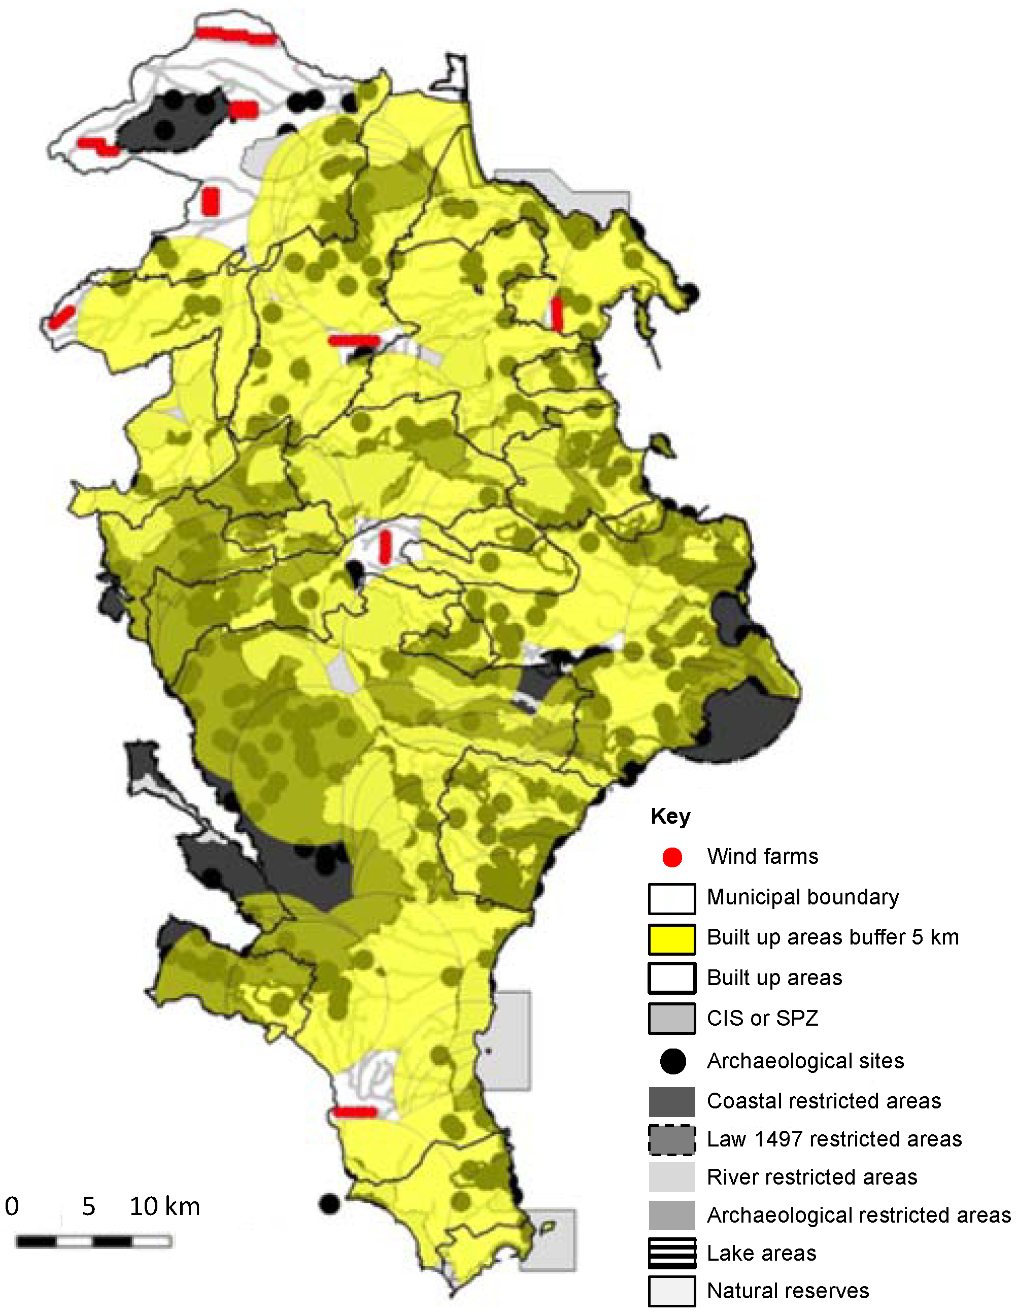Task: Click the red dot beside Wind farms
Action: [672, 857]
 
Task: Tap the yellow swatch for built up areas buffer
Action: [672, 939]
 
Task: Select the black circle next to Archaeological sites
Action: [672, 1061]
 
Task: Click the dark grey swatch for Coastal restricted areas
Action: [672, 1101]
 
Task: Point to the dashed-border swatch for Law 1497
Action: [672, 1139]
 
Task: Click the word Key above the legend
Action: [670, 817]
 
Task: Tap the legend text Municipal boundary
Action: [802, 897]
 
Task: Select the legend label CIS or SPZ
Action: [762, 1018]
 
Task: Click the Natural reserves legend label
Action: [788, 1291]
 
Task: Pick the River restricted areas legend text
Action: [811, 1177]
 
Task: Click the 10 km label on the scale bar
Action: [164, 1206]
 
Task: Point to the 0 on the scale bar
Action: [12, 1206]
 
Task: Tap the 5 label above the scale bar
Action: [89, 1206]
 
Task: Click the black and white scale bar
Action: [94, 1241]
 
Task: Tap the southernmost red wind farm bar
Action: [355, 1112]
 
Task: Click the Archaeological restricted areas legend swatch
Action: [672, 1215]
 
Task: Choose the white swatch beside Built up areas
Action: [672, 978]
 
